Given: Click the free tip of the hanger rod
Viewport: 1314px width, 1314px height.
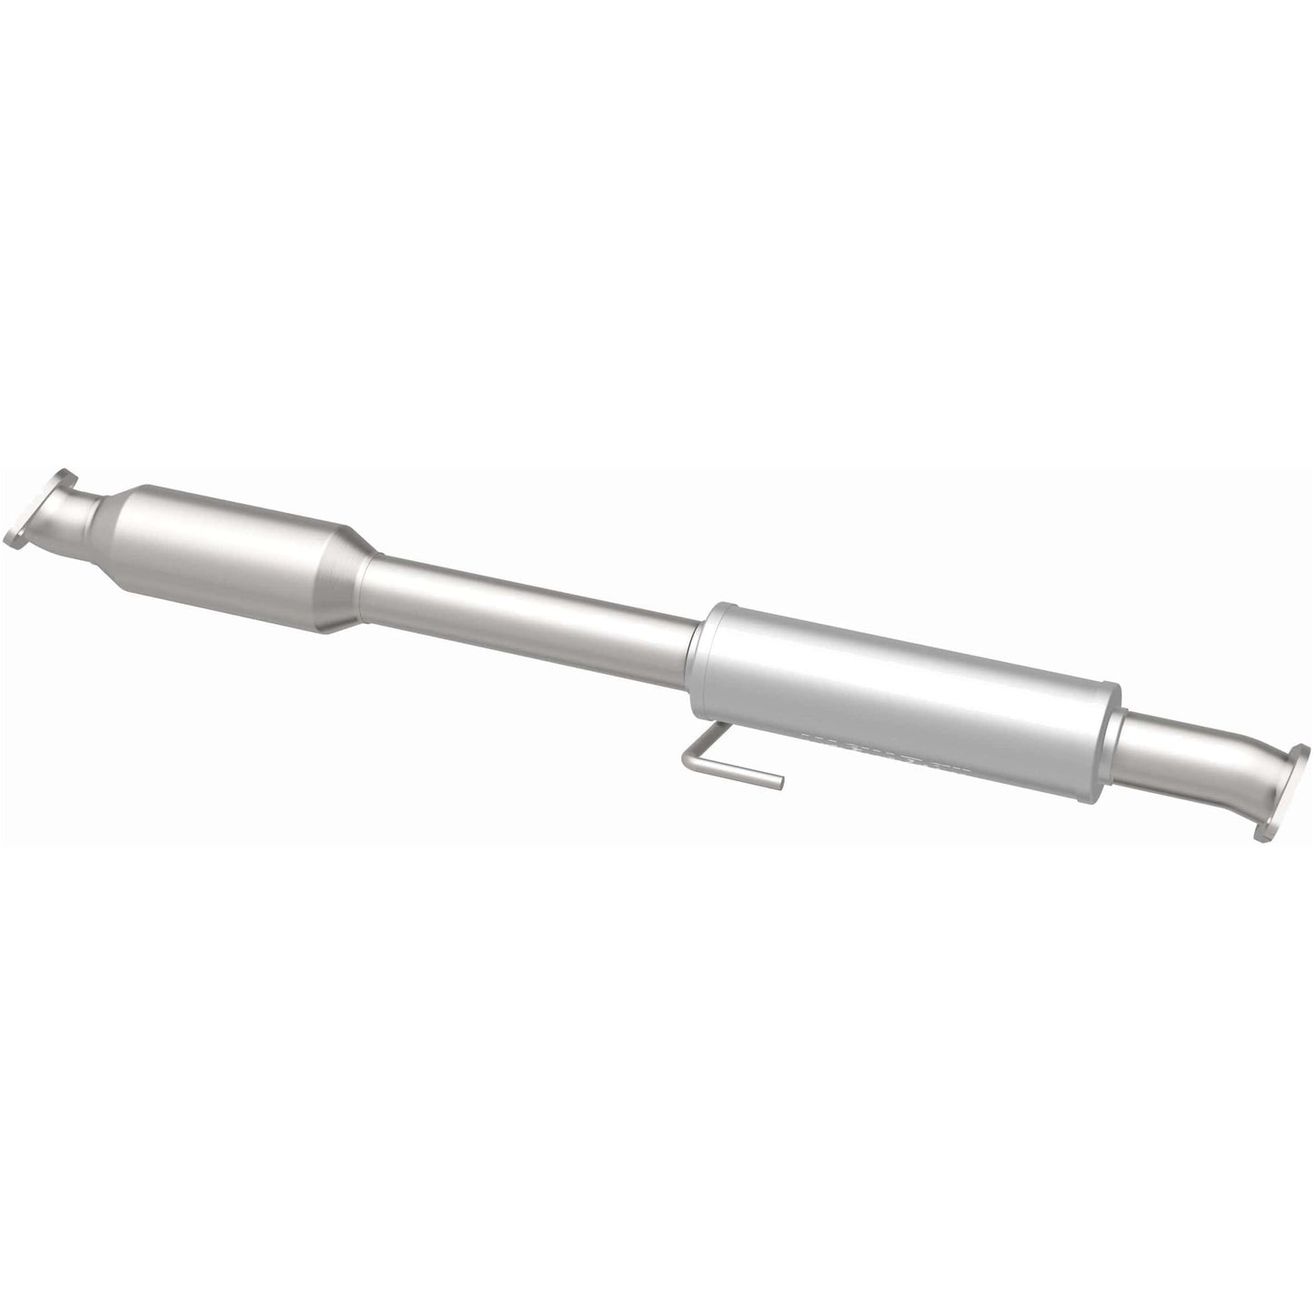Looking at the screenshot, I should click(778, 779).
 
